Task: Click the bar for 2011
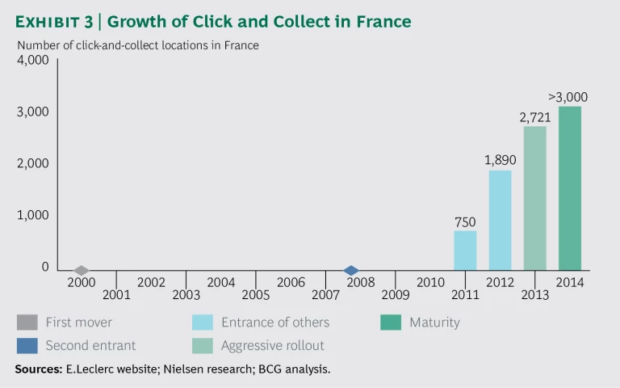point(465,251)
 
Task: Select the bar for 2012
point(500,220)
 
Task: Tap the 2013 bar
point(534,198)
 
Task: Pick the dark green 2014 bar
point(569,188)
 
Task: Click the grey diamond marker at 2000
point(81,270)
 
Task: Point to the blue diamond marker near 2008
point(350,270)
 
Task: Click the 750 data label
point(465,221)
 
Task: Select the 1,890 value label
point(500,160)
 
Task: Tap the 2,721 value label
point(534,117)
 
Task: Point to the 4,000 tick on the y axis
point(33,60)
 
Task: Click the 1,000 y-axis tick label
point(33,216)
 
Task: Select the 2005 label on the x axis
point(256,295)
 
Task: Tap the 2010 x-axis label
point(430,282)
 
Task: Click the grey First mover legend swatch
point(27,323)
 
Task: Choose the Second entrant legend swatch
point(27,345)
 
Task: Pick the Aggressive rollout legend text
point(272,345)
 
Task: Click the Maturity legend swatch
point(391,323)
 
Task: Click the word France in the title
point(380,22)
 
